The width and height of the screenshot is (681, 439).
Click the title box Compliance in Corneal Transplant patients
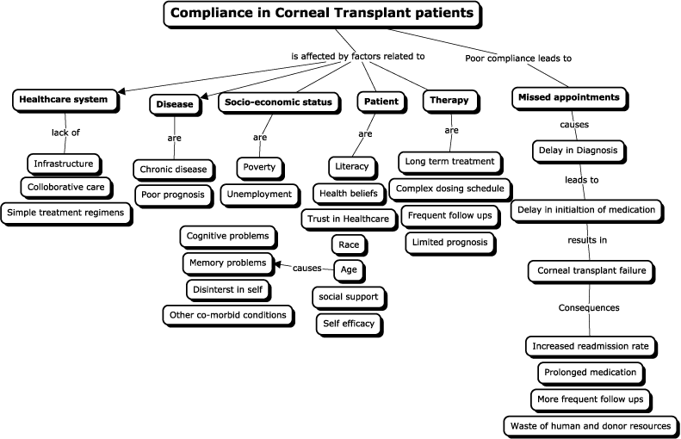click(322, 13)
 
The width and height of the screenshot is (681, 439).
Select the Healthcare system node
click(64, 99)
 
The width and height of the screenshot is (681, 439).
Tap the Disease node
click(176, 104)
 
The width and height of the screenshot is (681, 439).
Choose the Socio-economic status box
click(276, 102)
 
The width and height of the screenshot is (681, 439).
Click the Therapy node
click(449, 101)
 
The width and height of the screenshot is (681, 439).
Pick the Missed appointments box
click(567, 98)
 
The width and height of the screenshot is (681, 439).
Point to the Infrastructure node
click(64, 163)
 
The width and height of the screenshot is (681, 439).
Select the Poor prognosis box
click(173, 195)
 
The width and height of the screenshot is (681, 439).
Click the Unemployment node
click(259, 195)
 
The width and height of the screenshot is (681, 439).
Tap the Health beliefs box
click(348, 193)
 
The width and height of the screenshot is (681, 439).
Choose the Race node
click(349, 244)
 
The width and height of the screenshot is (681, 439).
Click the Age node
click(349, 269)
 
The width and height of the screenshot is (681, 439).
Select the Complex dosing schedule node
click(450, 188)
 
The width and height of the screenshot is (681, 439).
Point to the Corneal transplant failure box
click(591, 271)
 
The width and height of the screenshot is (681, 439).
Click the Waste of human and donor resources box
click(591, 425)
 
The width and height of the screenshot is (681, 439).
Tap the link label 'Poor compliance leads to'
click(518, 59)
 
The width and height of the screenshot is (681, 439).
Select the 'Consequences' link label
click(589, 307)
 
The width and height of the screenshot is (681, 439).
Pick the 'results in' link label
click(588, 239)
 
